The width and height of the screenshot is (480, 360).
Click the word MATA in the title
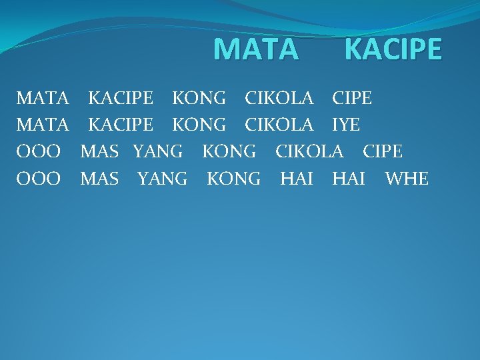click(x=257, y=49)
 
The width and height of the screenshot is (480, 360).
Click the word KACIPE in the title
click(x=393, y=49)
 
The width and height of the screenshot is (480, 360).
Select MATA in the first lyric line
click(x=43, y=99)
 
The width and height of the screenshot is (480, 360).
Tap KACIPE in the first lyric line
click(x=121, y=99)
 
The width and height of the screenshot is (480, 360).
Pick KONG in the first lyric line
click(x=199, y=99)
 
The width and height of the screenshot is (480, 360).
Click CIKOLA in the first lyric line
click(x=279, y=99)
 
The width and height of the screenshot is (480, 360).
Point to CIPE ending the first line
click(x=352, y=99)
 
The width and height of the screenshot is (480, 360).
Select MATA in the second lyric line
click(x=43, y=125)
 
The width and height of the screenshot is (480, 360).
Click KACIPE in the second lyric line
click(x=121, y=125)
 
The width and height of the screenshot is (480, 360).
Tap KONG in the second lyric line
click(x=199, y=125)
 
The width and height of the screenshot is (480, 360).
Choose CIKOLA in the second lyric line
click(x=279, y=125)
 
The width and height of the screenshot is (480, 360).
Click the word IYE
click(x=345, y=125)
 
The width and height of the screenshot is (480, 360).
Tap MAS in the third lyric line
click(x=99, y=152)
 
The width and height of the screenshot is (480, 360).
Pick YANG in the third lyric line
click(x=157, y=152)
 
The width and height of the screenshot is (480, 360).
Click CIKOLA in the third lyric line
click(x=309, y=152)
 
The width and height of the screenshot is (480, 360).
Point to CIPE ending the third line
click(x=383, y=152)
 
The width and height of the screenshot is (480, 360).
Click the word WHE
click(x=407, y=179)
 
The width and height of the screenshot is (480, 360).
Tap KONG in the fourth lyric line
click(x=233, y=179)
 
